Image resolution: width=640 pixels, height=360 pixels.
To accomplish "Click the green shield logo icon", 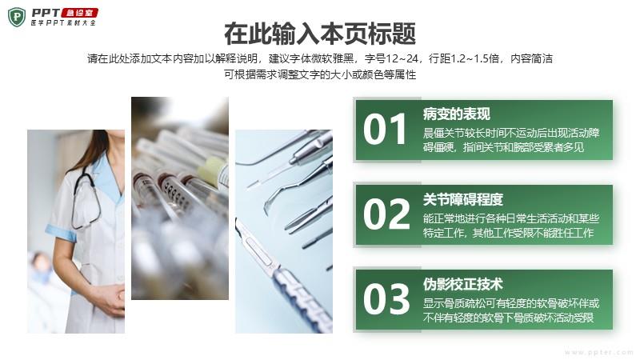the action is pos(17,17).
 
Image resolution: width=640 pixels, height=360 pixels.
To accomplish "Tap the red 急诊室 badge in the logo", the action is pos(80,13).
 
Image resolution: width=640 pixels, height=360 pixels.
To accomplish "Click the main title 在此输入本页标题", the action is pos(320,34).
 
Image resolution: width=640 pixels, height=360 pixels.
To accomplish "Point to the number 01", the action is pos(385,130).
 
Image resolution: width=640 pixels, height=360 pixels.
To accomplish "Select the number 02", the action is pos(386,214).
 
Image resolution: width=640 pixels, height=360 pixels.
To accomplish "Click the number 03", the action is pos(386,299).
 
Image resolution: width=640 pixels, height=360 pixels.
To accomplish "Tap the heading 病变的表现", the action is pos(456,114).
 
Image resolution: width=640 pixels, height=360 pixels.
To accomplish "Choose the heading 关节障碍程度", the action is pos(463,199).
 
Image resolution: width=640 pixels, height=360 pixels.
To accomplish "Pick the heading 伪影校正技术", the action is pos(463,285).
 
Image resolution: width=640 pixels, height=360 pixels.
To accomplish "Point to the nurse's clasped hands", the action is pos(110,299).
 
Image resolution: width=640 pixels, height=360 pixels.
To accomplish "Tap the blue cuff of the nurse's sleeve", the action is pos(61,233).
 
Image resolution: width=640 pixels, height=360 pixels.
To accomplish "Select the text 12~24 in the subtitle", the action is pos(402,58).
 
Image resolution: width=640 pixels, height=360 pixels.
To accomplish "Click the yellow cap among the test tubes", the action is pos(213,170).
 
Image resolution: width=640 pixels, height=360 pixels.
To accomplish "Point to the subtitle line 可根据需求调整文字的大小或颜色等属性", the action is pos(320,74).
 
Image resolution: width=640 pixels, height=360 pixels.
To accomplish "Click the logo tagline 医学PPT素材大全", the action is pos(63,23).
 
